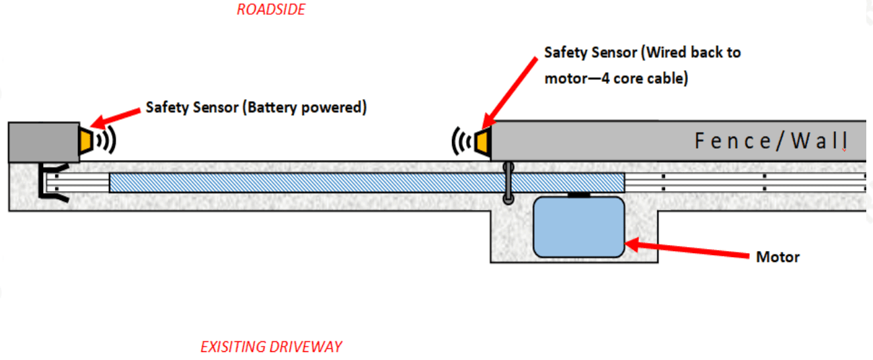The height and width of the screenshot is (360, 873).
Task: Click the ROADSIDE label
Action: pyautogui.click(x=271, y=9)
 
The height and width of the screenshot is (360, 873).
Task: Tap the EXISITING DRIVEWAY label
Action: pyautogui.click(x=271, y=347)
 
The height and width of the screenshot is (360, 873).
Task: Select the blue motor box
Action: pyautogui.click(x=578, y=227)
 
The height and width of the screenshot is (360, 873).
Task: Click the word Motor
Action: pyautogui.click(x=777, y=257)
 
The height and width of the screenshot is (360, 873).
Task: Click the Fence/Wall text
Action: pyautogui.click(x=770, y=142)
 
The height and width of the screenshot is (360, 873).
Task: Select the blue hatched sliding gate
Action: pyautogui.click(x=367, y=182)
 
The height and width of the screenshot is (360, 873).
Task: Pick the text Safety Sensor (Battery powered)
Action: pyautogui.click(x=256, y=108)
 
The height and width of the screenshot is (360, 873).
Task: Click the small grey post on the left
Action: pyautogui.click(x=43, y=142)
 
